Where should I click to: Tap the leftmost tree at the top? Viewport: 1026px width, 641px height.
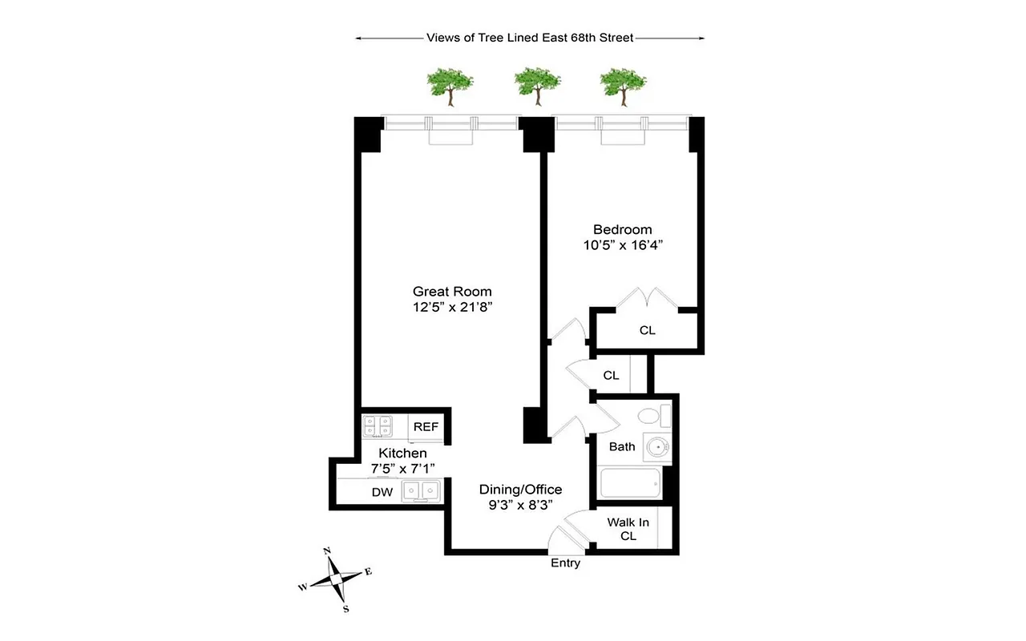point(449,85)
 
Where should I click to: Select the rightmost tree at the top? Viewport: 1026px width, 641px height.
point(623,85)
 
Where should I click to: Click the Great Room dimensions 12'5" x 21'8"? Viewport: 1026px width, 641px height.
point(452,307)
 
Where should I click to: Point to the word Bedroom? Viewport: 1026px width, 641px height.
point(622,229)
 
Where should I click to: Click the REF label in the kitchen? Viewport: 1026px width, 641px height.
point(426,427)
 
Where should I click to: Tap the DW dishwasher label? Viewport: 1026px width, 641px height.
point(382,492)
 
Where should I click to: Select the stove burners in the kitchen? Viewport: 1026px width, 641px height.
point(378,426)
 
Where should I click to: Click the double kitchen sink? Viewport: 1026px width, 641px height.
point(421,490)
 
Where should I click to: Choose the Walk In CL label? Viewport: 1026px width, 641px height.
point(628,529)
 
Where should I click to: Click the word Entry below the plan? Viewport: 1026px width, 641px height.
point(565,563)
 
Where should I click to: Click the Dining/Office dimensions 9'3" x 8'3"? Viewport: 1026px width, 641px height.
point(520,504)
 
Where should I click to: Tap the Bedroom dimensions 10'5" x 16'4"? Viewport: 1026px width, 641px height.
point(622,244)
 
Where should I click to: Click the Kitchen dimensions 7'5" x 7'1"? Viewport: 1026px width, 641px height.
point(402,469)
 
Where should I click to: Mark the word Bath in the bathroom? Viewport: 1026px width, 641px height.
point(622,446)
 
